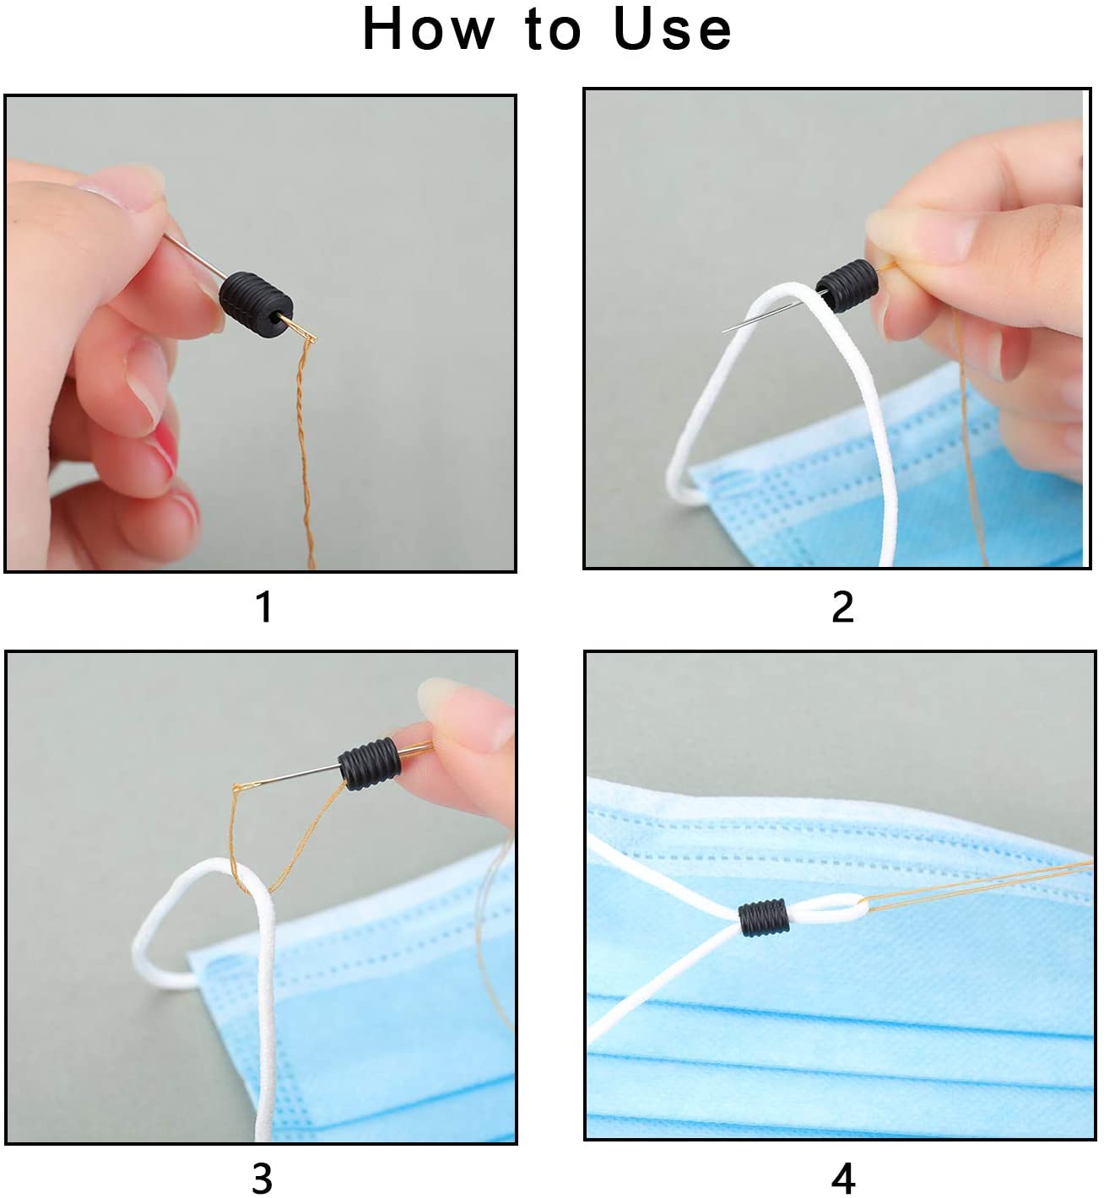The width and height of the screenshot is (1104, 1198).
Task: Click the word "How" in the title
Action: [429, 29]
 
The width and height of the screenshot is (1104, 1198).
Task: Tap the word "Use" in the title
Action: [673, 29]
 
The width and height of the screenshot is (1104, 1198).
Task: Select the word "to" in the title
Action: [554, 30]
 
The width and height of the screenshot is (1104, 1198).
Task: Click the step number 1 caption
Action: [264, 607]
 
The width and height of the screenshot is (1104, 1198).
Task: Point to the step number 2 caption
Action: [843, 607]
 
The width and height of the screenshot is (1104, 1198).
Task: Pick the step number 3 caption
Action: [262, 1179]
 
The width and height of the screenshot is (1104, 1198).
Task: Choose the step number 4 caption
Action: [843, 1179]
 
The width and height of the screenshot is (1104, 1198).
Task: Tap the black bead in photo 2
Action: [847, 285]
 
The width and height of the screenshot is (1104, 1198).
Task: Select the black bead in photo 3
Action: [369, 764]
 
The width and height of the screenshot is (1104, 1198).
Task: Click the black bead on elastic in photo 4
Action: [763, 918]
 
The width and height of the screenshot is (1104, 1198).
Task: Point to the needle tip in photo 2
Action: [723, 330]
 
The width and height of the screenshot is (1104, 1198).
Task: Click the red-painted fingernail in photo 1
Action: [166, 445]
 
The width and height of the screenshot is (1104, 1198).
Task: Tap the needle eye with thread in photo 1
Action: [306, 333]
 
